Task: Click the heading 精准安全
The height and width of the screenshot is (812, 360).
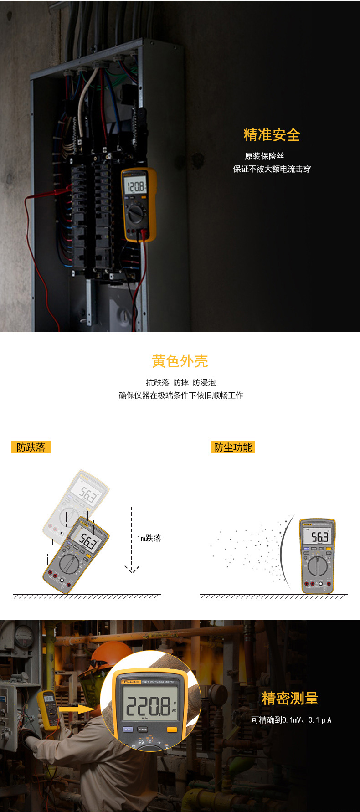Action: (272, 135)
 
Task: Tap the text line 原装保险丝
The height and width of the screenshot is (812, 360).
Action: (264, 156)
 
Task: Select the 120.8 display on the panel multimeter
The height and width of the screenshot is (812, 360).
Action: (135, 187)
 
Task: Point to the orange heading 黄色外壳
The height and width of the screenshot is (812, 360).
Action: (180, 361)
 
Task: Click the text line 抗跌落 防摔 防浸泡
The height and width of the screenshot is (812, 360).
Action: (181, 383)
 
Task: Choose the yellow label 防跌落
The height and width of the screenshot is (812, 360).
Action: (31, 447)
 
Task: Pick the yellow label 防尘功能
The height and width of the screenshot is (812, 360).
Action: (233, 447)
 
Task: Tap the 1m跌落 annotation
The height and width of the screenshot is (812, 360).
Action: (149, 538)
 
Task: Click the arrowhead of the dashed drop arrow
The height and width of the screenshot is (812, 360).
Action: (132, 570)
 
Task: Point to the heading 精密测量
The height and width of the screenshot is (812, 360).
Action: (290, 699)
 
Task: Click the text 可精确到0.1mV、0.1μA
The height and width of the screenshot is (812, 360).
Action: (291, 720)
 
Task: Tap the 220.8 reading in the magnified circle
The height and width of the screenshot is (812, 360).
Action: (148, 707)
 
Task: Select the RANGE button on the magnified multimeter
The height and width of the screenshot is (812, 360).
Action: (143, 730)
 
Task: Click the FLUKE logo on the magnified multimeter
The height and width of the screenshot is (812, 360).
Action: (131, 682)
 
